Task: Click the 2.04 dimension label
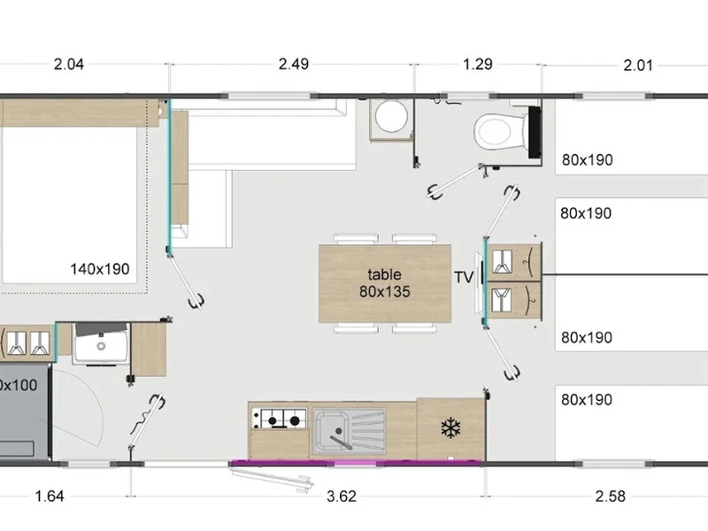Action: coord(69,64)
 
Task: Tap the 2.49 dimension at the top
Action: coord(294,64)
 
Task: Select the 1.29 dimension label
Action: coord(478,64)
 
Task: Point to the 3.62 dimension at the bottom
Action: coord(342,496)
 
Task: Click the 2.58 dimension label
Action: coord(610,496)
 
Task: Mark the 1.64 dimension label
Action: coord(50,496)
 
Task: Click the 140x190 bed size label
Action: coord(100,269)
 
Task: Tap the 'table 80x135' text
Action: coord(385,283)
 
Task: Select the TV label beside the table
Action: coord(464,277)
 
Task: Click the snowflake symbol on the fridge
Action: coord(450,428)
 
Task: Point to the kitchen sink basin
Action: coord(332,431)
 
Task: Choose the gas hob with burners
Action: coord(279,419)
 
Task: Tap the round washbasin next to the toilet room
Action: coord(391,116)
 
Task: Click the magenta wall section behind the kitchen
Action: coord(357,463)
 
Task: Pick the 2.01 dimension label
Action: coord(638,65)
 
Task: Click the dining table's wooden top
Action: coord(385,283)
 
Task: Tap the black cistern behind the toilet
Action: coord(535,132)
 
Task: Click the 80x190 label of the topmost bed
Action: coord(588,160)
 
